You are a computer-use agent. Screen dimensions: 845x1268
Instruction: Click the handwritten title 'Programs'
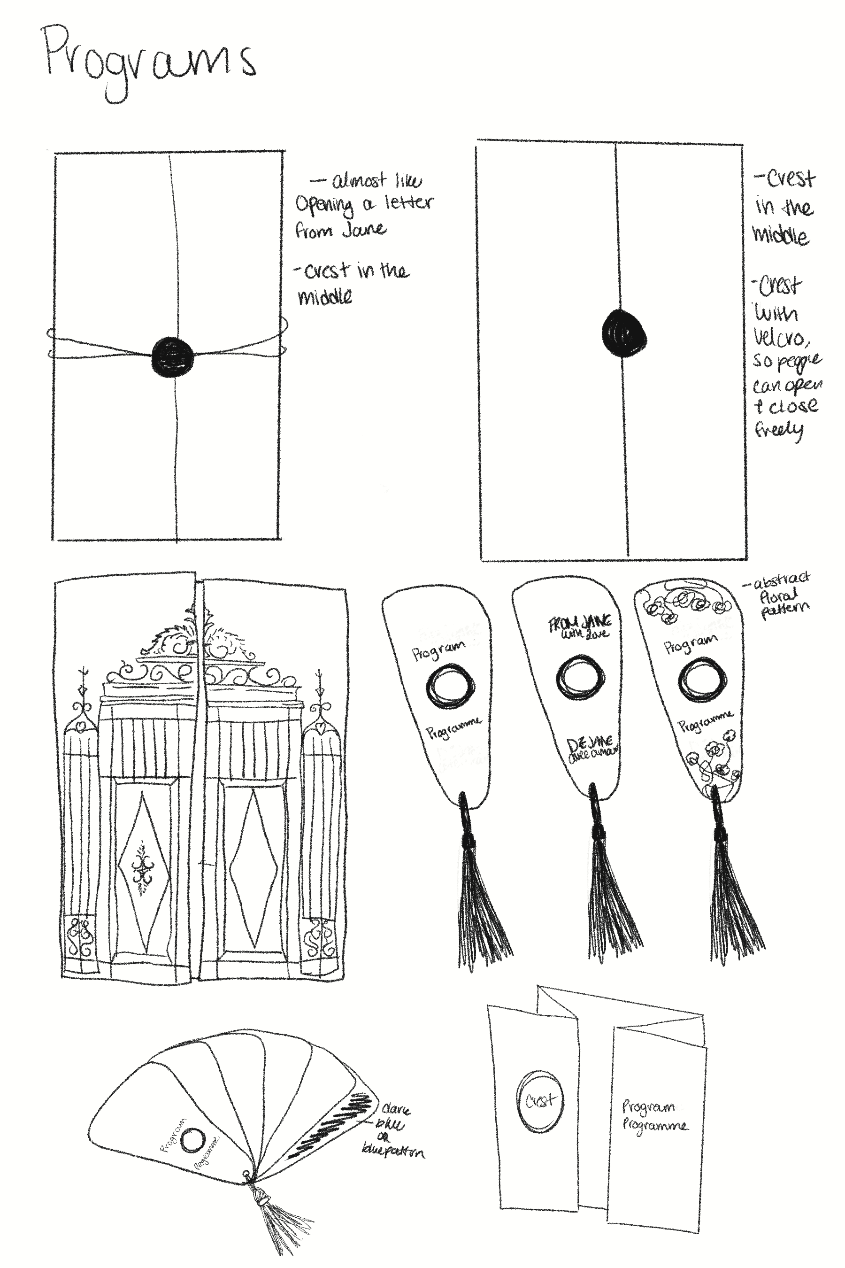(148, 62)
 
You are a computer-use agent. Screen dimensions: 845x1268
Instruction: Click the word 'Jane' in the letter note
(364, 229)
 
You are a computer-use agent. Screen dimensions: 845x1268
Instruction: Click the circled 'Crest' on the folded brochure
(539, 1100)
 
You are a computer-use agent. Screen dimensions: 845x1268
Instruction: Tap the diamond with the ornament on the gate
(143, 872)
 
